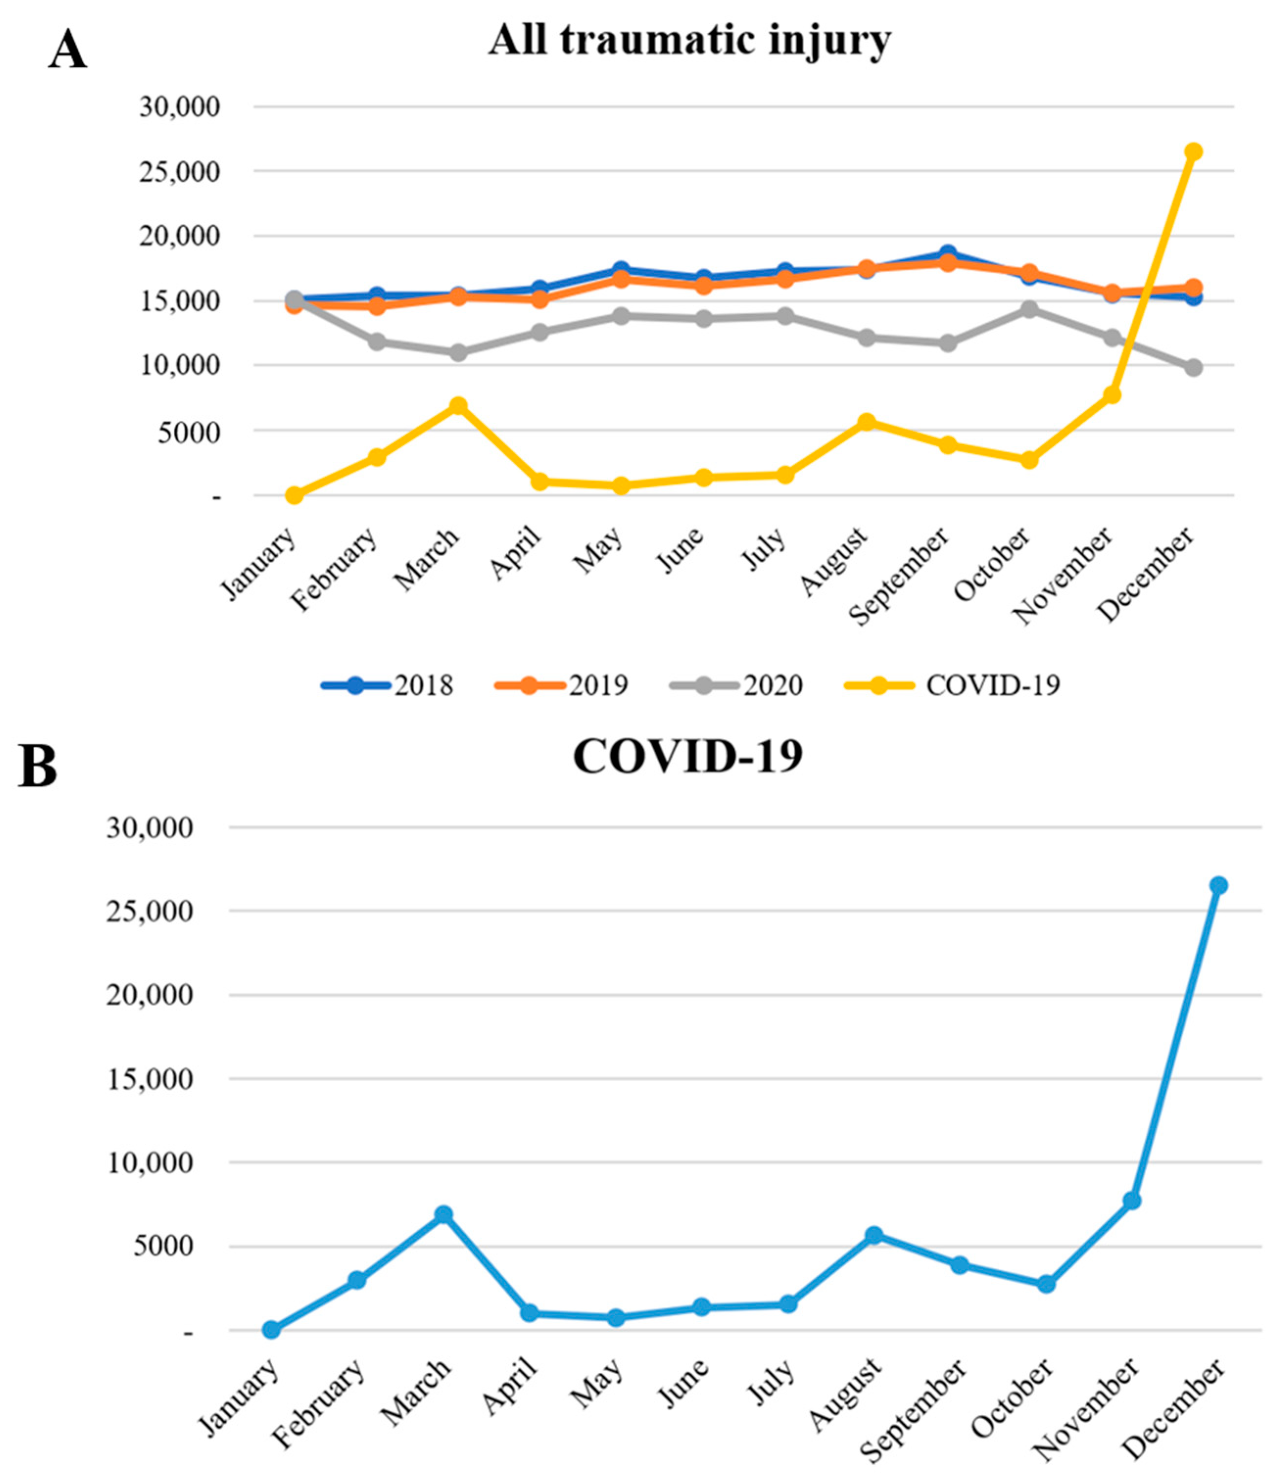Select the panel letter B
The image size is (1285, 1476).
coord(37,766)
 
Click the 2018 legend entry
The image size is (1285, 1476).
coord(387,686)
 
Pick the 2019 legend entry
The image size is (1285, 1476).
coord(562,686)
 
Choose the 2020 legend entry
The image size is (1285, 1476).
coord(737,686)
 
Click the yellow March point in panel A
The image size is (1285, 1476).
coord(458,406)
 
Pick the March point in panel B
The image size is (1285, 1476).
coord(443,1214)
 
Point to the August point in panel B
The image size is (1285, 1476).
coord(874,1235)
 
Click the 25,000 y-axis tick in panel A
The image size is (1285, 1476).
coord(179,171)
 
